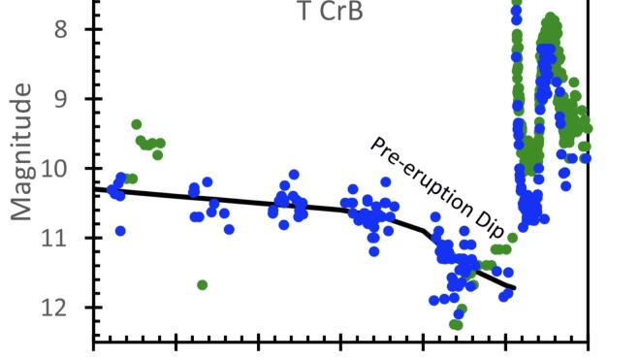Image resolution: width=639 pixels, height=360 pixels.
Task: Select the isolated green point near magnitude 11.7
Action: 203,284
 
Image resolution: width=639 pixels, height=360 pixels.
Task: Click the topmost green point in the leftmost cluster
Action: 137,124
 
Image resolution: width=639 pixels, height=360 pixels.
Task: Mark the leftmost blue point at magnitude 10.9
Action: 120,231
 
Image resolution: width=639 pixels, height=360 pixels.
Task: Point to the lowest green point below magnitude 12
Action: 456,324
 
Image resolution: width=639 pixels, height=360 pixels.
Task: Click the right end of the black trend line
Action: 514,288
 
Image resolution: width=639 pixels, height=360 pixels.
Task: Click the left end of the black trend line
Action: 94,188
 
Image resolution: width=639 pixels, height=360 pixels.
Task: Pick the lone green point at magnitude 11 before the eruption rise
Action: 512,238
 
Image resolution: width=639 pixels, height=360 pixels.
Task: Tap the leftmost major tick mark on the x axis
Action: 94,343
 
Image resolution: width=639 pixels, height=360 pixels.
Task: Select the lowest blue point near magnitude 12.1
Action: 459,313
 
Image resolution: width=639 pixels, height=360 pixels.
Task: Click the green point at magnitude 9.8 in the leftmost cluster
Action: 158,154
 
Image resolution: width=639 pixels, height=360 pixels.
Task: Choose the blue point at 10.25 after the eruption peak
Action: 566,185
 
